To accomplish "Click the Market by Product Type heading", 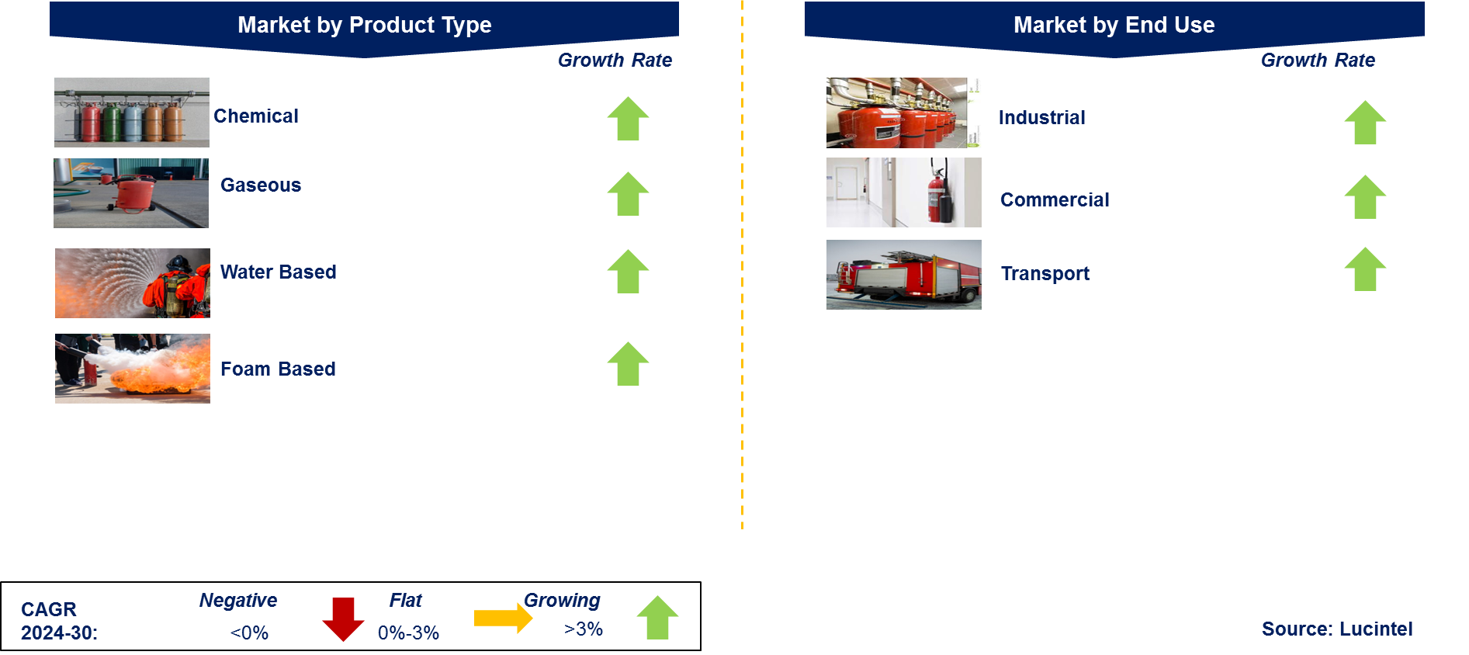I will (364, 25).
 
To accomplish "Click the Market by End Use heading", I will (1114, 25).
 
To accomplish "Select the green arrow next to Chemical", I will (628, 119).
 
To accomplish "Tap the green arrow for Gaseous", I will (628, 194).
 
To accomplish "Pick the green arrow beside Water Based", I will (628, 272).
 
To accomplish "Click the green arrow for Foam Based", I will (628, 364).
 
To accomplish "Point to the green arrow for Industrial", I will (1364, 123).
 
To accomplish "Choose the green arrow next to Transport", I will (1364, 269).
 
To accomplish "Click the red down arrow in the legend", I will (343, 619).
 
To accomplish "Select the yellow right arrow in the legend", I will (503, 618).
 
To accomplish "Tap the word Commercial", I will (1054, 199).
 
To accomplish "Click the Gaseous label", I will (261, 185).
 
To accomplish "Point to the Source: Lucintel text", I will (1336, 629).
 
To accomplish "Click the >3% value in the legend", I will (584, 629).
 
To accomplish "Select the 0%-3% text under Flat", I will (408, 632).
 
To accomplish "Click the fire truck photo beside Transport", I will (904, 275).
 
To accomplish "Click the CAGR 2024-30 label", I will (59, 621).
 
